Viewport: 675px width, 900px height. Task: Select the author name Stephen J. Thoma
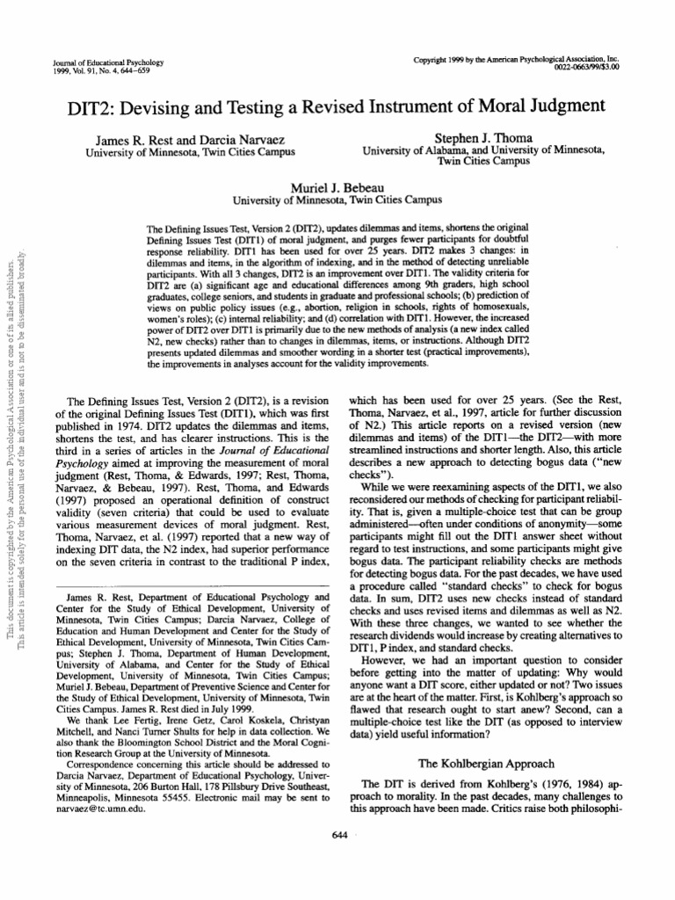[483, 139]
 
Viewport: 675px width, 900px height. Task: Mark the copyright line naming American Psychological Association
[516, 58]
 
